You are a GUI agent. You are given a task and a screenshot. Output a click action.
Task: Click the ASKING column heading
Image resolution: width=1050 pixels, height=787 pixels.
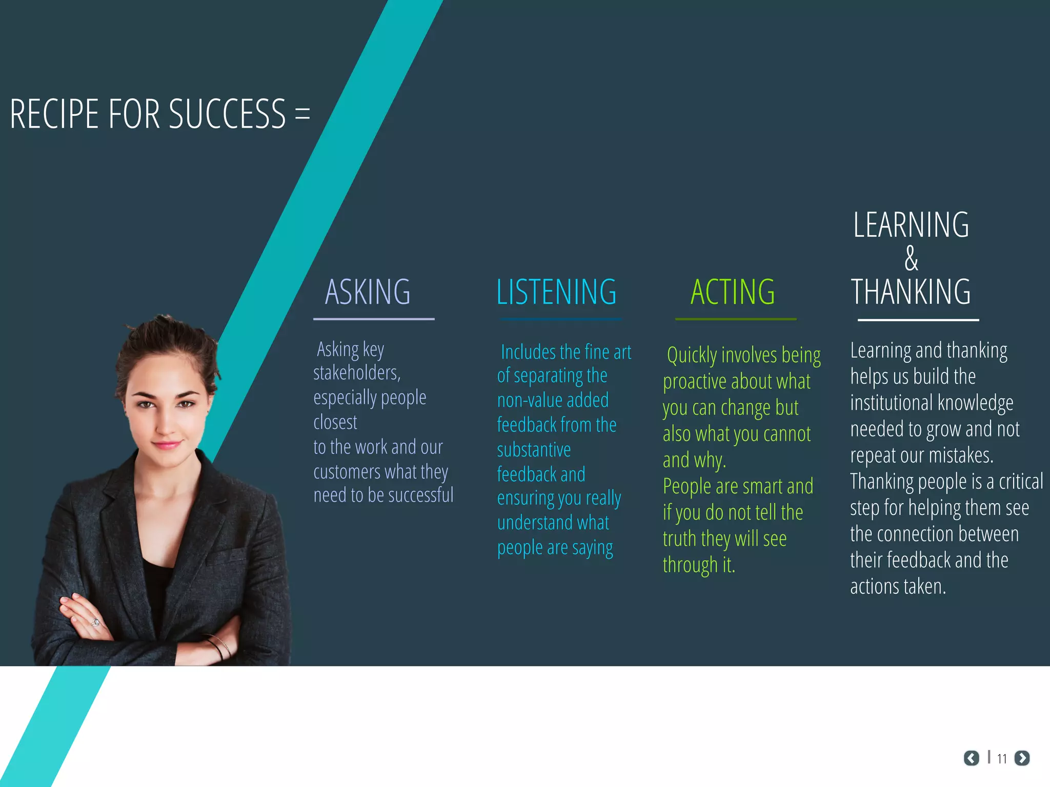tap(368, 292)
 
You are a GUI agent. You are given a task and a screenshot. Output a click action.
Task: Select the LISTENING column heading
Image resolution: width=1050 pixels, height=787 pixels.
tap(556, 292)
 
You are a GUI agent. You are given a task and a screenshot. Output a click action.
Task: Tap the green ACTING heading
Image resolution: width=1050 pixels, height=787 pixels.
tap(733, 292)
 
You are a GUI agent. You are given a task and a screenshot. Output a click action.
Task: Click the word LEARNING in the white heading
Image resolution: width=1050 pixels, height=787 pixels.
tap(911, 225)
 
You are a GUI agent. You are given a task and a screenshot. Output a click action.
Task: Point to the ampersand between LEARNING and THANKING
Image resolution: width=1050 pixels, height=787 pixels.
tap(911, 258)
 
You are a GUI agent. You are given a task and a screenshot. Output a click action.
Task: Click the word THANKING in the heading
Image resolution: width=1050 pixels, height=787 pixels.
tap(911, 292)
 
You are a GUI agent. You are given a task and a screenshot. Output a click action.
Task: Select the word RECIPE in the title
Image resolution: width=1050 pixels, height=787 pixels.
tap(54, 114)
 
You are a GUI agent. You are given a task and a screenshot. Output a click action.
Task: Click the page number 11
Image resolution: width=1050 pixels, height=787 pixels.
tap(1002, 759)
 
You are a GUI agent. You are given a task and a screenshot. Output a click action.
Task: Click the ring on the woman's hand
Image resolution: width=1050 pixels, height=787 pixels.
tap(96, 623)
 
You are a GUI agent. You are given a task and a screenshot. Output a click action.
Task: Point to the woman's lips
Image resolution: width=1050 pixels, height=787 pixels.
tap(167, 444)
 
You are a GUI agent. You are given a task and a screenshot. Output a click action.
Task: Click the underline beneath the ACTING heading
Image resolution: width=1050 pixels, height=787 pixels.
tap(736, 319)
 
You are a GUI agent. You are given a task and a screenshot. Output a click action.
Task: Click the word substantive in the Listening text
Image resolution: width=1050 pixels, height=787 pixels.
tap(534, 450)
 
